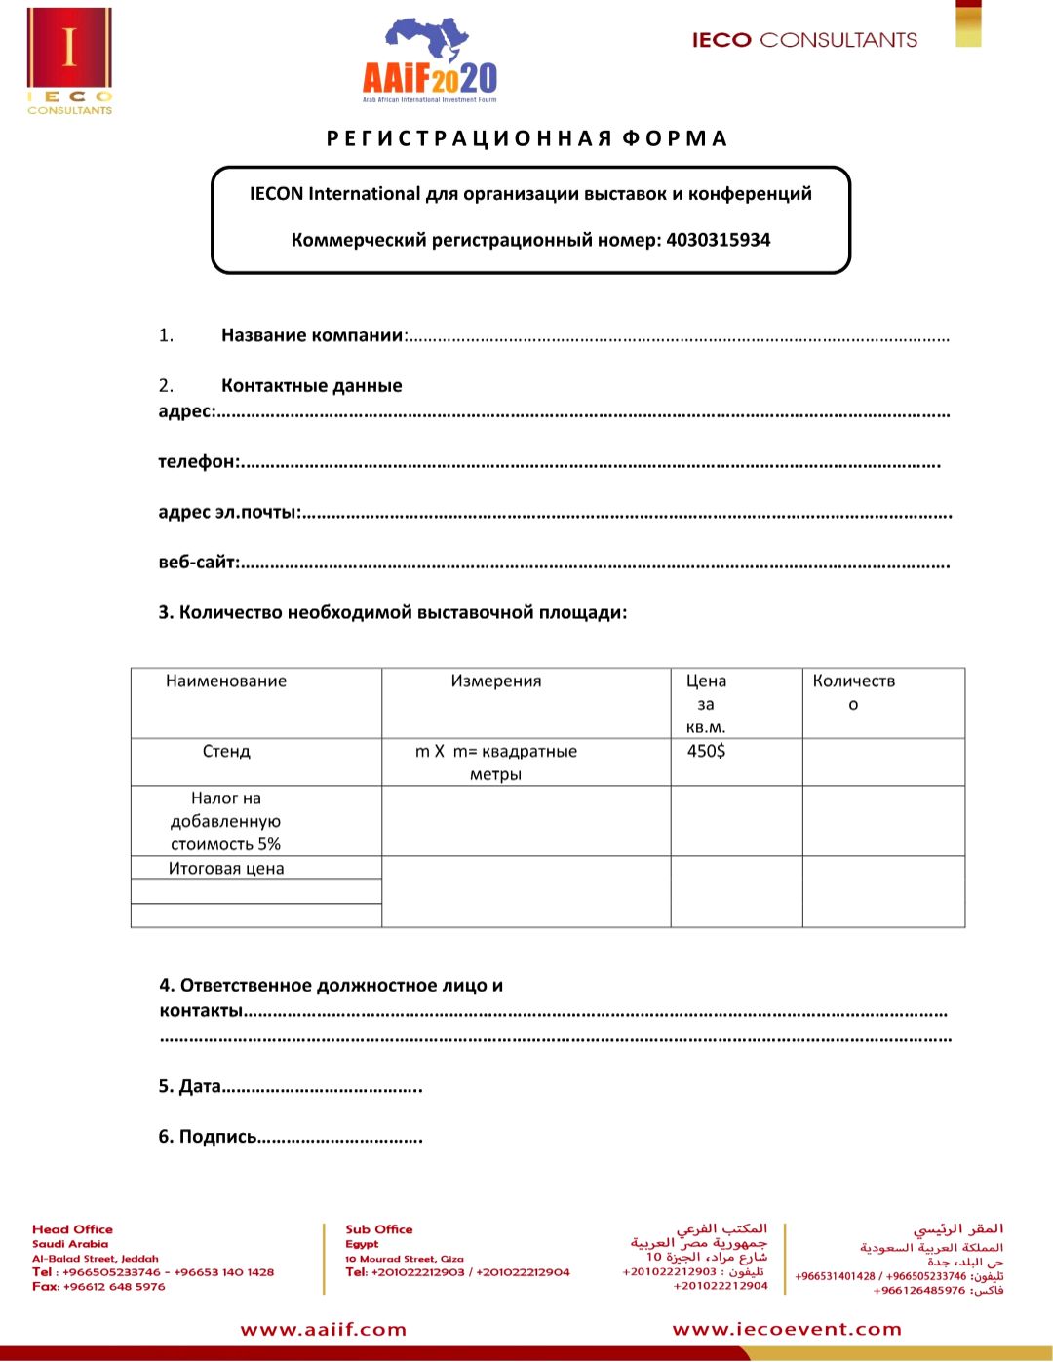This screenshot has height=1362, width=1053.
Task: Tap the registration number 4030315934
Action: coord(718,240)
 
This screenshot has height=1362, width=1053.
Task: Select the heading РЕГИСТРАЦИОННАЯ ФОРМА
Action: coord(527,138)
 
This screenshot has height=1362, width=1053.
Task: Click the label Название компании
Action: coord(312,335)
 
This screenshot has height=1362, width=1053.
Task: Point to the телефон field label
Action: coord(197,461)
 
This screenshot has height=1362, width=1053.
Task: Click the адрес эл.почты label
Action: coord(229,512)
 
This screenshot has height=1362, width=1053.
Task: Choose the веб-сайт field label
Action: coord(198,563)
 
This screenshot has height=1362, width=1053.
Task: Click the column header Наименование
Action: coord(226,681)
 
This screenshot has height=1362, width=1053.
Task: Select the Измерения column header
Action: coord(495,681)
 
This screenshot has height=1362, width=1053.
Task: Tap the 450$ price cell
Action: coord(706,751)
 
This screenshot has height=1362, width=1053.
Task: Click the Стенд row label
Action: coord(226,752)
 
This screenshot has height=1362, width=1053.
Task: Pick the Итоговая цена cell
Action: coord(226,869)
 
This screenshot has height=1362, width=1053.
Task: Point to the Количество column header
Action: coord(853,691)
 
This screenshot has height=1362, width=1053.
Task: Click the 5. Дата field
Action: coord(290,1086)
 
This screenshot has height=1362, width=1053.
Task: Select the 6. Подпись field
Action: coord(290,1137)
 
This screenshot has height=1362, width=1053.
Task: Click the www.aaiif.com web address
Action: coord(324,1330)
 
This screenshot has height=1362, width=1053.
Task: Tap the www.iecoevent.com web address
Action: coord(787,1330)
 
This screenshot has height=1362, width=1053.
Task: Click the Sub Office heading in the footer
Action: coord(378,1229)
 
